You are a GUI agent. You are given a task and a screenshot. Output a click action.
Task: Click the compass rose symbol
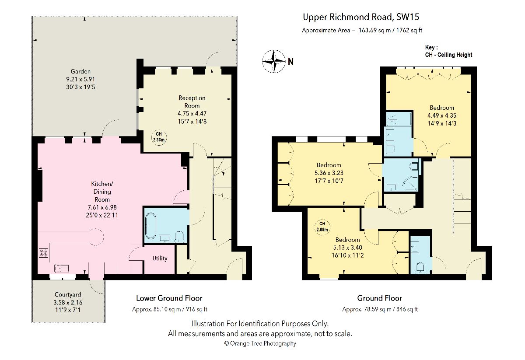[x=274, y=61]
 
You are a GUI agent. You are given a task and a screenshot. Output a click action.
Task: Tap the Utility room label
[x=160, y=258]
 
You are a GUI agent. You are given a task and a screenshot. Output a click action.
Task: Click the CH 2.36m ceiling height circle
[x=159, y=137]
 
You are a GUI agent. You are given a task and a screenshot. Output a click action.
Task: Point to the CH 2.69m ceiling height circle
[x=322, y=227]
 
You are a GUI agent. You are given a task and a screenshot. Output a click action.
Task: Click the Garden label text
[x=80, y=71]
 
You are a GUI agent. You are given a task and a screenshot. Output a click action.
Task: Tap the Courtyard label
[x=68, y=294]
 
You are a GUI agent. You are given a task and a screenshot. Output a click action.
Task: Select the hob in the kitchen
[x=43, y=253]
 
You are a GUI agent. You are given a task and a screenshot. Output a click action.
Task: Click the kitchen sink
[x=62, y=268]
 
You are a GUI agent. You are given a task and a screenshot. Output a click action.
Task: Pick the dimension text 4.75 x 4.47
[x=192, y=113]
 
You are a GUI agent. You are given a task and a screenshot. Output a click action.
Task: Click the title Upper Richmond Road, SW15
[x=361, y=17]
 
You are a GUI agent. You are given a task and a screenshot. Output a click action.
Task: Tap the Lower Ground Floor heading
[x=169, y=298]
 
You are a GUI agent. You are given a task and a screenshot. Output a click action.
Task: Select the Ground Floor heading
[x=379, y=298]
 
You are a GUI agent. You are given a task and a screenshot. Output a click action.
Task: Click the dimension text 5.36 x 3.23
[x=329, y=173]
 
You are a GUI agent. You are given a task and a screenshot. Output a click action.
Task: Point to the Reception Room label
[x=192, y=102]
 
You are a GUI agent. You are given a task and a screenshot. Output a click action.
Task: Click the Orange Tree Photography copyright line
[x=260, y=343]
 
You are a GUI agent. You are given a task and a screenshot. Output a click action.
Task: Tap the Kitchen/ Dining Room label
[x=102, y=192]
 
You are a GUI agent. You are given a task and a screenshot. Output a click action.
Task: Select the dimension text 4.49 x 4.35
[x=442, y=115]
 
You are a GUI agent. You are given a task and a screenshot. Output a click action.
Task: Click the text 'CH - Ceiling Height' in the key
[x=448, y=55]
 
